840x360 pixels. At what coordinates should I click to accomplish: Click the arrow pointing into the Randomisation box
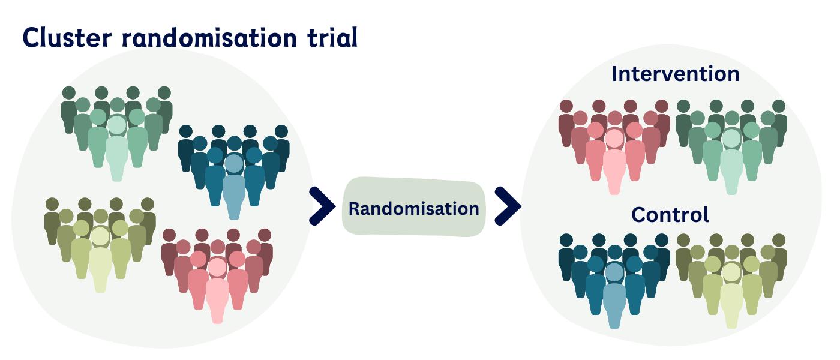322,206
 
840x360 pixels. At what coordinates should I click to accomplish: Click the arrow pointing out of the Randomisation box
507,206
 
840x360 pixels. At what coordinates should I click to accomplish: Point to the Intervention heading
675,74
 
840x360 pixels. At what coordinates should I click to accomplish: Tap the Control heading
670,214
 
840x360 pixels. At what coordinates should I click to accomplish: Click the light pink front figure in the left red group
217,297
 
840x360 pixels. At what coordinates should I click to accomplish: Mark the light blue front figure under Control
613,303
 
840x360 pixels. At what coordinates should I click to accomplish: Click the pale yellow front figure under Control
731,303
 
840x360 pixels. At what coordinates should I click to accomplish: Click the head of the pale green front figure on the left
116,125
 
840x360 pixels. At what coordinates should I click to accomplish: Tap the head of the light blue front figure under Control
613,273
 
